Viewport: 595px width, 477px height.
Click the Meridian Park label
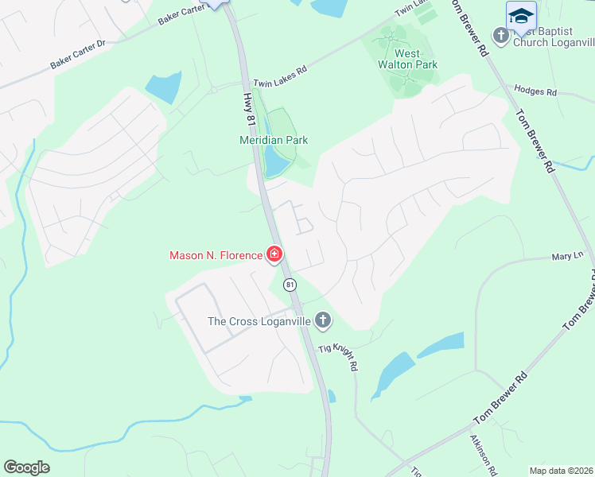(274, 140)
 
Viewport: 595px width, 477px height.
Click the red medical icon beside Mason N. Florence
(274, 255)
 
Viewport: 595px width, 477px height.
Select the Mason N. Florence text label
(216, 255)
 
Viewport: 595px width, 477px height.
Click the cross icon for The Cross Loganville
(322, 321)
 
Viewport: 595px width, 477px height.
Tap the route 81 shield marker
(290, 285)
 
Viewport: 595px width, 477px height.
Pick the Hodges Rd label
(535, 91)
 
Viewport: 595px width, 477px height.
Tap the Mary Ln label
(568, 257)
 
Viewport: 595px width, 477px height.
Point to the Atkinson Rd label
(483, 454)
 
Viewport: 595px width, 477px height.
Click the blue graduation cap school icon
(521, 16)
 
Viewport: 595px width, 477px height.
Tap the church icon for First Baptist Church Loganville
(500, 36)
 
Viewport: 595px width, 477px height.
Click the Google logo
(26, 467)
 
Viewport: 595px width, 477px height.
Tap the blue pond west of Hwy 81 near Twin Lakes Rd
(164, 87)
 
